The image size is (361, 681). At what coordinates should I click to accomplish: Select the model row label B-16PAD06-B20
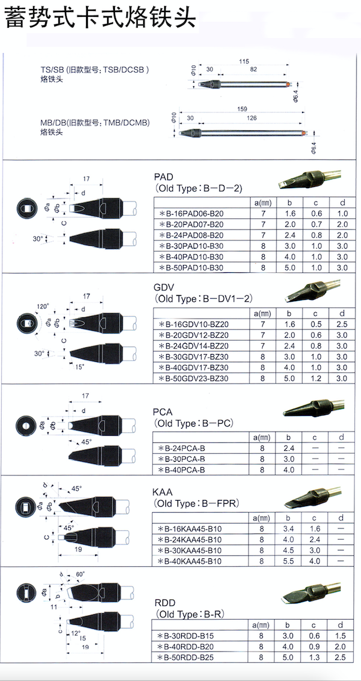(x=191, y=213)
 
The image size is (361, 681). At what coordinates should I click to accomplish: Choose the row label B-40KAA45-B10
(x=189, y=561)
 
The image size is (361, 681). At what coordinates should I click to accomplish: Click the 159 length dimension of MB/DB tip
(x=241, y=109)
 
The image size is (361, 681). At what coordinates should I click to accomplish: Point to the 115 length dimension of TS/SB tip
(x=244, y=62)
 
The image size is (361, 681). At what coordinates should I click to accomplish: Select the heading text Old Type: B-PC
(x=193, y=423)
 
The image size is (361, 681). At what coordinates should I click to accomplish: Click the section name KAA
(x=164, y=492)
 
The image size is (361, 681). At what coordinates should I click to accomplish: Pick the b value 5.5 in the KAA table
(x=288, y=561)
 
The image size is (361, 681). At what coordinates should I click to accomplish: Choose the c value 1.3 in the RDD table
(x=315, y=658)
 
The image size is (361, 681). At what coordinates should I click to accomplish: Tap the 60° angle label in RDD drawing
(x=79, y=574)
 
